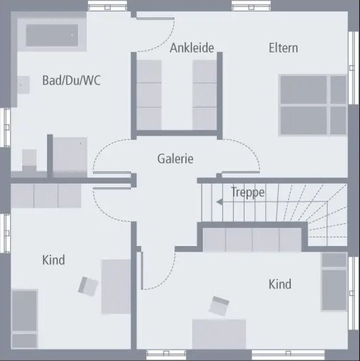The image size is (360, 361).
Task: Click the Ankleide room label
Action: (x=192, y=48)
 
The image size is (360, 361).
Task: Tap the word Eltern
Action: (x=283, y=48)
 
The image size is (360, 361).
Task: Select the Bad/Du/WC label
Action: (x=71, y=80)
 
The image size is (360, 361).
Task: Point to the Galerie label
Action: (x=175, y=158)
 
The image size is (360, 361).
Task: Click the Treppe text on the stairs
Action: (x=247, y=192)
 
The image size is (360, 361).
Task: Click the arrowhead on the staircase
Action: (x=219, y=202)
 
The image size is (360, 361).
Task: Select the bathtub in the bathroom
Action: (x=52, y=35)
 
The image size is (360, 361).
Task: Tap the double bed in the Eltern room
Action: (x=313, y=105)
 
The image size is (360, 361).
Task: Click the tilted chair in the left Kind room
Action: (x=88, y=286)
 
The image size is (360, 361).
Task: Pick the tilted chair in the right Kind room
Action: (x=219, y=306)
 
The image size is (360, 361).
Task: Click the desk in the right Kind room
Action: (x=219, y=334)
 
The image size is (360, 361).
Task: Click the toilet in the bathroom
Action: (x=29, y=161)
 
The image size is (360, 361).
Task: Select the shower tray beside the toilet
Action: (x=70, y=157)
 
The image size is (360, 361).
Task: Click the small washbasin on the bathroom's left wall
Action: (x=23, y=85)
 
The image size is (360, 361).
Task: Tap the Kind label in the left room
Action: (x=53, y=260)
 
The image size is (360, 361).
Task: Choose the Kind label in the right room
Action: (x=280, y=284)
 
